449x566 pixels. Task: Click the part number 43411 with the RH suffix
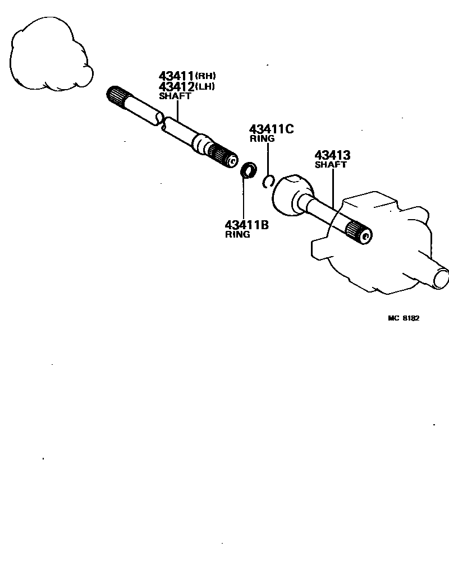pyautogui.click(x=176, y=76)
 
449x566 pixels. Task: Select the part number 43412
pyautogui.click(x=176, y=87)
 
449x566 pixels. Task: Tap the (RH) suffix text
pyautogui.click(x=205, y=76)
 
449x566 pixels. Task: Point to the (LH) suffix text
pyautogui.click(x=205, y=87)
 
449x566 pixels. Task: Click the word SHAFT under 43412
pyautogui.click(x=175, y=96)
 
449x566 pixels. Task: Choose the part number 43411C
pyautogui.click(x=271, y=129)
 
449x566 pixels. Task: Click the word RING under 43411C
pyautogui.click(x=262, y=138)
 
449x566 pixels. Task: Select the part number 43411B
pyautogui.click(x=246, y=225)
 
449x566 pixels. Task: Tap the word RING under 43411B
pyautogui.click(x=237, y=235)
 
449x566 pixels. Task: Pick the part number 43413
pyautogui.click(x=332, y=155)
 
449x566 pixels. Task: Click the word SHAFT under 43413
pyautogui.click(x=331, y=165)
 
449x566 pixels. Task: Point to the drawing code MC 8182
pyautogui.click(x=404, y=318)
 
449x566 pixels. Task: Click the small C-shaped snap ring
pyautogui.click(x=268, y=180)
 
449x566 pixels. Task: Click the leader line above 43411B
pyautogui.click(x=244, y=199)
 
